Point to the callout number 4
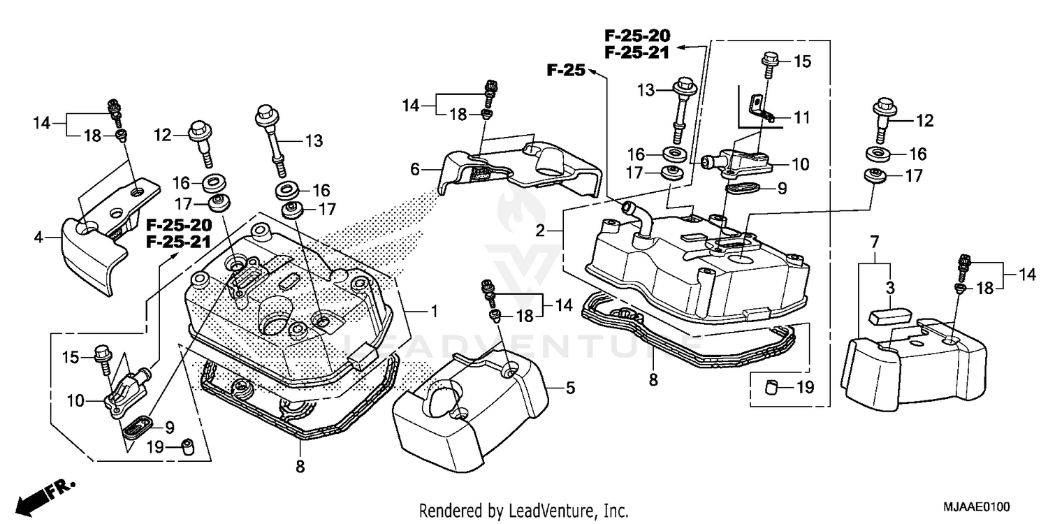[38, 238]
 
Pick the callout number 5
[570, 388]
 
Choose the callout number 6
[415, 169]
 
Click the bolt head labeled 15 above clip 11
[771, 61]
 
